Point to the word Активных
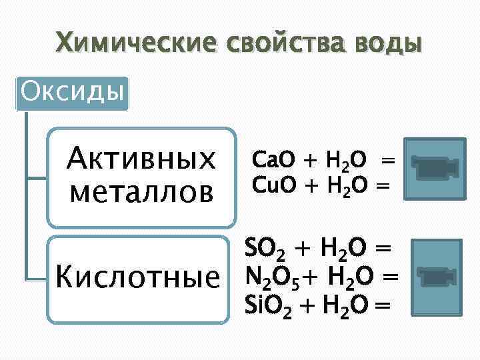click(141, 159)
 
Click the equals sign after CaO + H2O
click(387, 160)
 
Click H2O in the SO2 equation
click(345, 249)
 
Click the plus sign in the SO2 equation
click(304, 249)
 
